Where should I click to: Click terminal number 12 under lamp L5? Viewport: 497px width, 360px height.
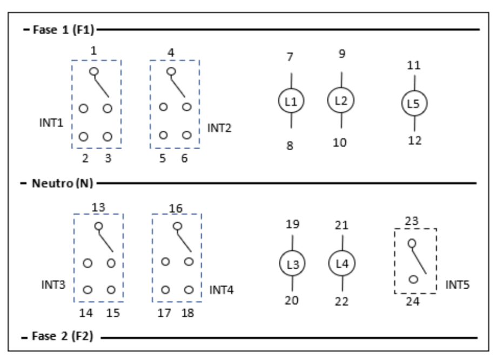click(x=415, y=140)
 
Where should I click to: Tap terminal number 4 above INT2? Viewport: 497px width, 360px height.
click(x=171, y=54)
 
